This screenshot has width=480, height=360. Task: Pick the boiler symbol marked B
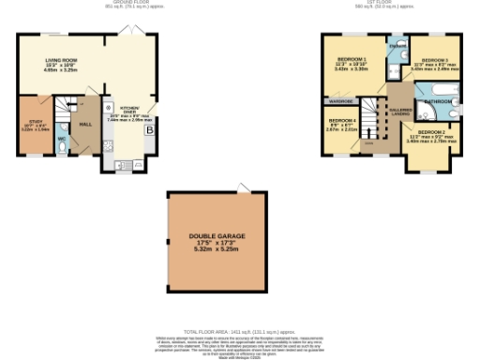tap(150, 131)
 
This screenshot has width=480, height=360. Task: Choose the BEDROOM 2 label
tap(429, 132)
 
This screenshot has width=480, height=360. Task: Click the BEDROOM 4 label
tap(341, 122)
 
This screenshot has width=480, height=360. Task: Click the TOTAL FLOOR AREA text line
tap(239, 332)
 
